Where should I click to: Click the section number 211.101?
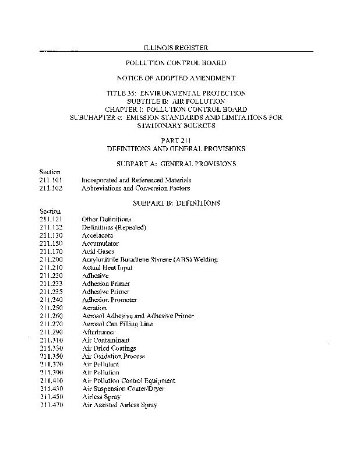point(51,181)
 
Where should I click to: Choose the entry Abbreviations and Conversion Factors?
point(136,188)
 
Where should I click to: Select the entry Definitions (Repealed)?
point(114,227)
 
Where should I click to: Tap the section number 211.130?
point(51,235)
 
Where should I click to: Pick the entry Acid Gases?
point(98,251)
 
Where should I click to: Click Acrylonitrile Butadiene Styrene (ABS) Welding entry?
point(150,259)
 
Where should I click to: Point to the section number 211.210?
point(51,267)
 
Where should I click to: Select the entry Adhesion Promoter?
point(110,299)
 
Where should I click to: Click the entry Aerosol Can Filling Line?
point(117,324)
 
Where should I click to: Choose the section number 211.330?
point(51,348)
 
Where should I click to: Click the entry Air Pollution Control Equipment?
point(128,380)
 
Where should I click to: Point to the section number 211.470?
point(51,405)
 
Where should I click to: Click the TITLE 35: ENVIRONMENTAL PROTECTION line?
point(175,93)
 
